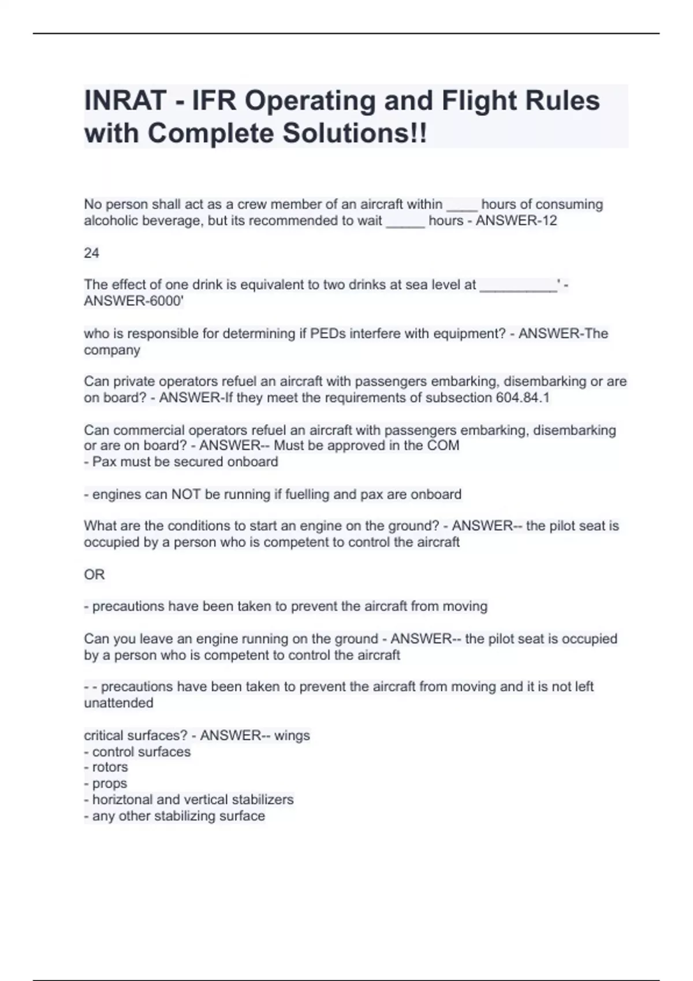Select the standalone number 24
[91, 253]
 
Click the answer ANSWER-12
[516, 221]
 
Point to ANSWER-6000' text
[134, 301]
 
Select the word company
[112, 350]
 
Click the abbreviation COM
[443, 445]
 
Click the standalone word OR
[94, 575]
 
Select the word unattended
[118, 703]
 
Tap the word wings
[292, 736]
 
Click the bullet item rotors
[110, 767]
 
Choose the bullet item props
[109, 784]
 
